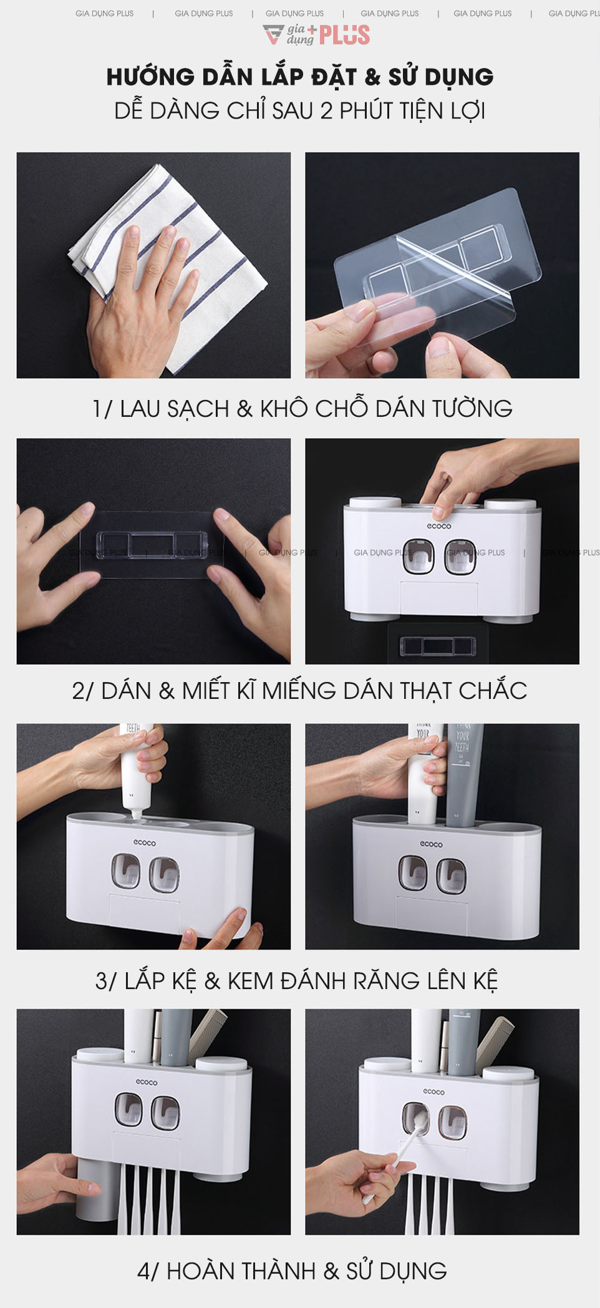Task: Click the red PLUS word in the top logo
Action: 344,35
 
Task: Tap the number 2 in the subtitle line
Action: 326,111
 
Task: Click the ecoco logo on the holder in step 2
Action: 438,526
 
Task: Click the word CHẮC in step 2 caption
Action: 493,691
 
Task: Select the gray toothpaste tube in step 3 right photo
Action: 463,774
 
